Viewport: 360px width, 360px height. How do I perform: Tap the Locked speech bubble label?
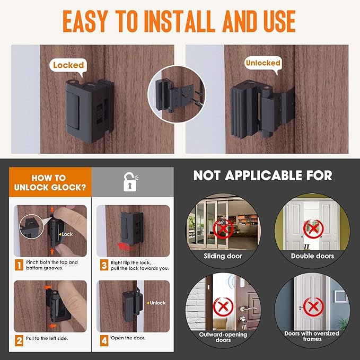pos(68,65)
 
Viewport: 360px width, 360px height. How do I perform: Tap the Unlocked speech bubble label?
pos(262,63)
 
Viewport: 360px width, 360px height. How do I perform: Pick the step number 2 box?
pos(19,337)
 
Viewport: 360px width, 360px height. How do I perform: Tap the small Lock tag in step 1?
pos(66,234)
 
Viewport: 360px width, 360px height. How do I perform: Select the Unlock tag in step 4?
pos(156,303)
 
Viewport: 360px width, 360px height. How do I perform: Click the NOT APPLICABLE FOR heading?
pos(262,175)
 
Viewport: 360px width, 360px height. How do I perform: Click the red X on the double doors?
pos(313,229)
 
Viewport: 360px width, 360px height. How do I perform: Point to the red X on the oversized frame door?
pos(313,306)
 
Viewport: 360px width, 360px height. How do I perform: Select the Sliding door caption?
pos(223,256)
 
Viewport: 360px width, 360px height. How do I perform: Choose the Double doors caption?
pos(313,256)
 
